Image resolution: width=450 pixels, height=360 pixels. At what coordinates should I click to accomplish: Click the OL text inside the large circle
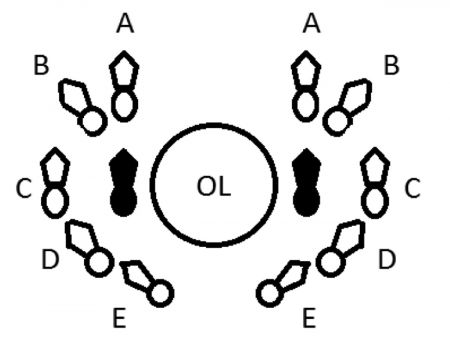(x=214, y=186)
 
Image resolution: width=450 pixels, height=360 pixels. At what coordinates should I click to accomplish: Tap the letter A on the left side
(x=125, y=24)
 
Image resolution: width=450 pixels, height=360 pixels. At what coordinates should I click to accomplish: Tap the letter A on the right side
(x=312, y=24)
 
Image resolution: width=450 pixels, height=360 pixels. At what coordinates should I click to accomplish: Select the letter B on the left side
(x=41, y=65)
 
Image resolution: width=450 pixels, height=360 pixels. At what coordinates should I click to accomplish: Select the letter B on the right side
(x=392, y=65)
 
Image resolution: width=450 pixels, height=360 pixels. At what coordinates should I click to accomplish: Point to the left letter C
(x=24, y=188)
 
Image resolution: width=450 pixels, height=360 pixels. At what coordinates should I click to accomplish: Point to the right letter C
(x=412, y=188)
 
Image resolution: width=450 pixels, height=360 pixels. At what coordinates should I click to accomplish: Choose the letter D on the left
(x=50, y=260)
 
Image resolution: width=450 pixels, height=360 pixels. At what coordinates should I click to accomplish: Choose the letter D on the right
(x=387, y=260)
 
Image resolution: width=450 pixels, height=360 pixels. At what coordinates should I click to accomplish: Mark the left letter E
(x=120, y=318)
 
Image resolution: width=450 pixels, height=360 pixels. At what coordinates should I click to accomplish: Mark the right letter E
(x=309, y=318)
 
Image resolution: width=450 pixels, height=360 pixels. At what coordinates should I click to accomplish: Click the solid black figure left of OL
(x=124, y=182)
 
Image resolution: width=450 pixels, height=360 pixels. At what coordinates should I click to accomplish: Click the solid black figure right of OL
(x=306, y=182)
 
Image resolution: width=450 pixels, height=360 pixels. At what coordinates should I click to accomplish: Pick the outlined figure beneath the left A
(x=124, y=86)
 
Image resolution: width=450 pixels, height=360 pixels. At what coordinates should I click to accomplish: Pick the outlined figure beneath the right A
(x=306, y=86)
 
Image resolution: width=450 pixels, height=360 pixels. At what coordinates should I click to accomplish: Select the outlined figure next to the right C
(x=375, y=183)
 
